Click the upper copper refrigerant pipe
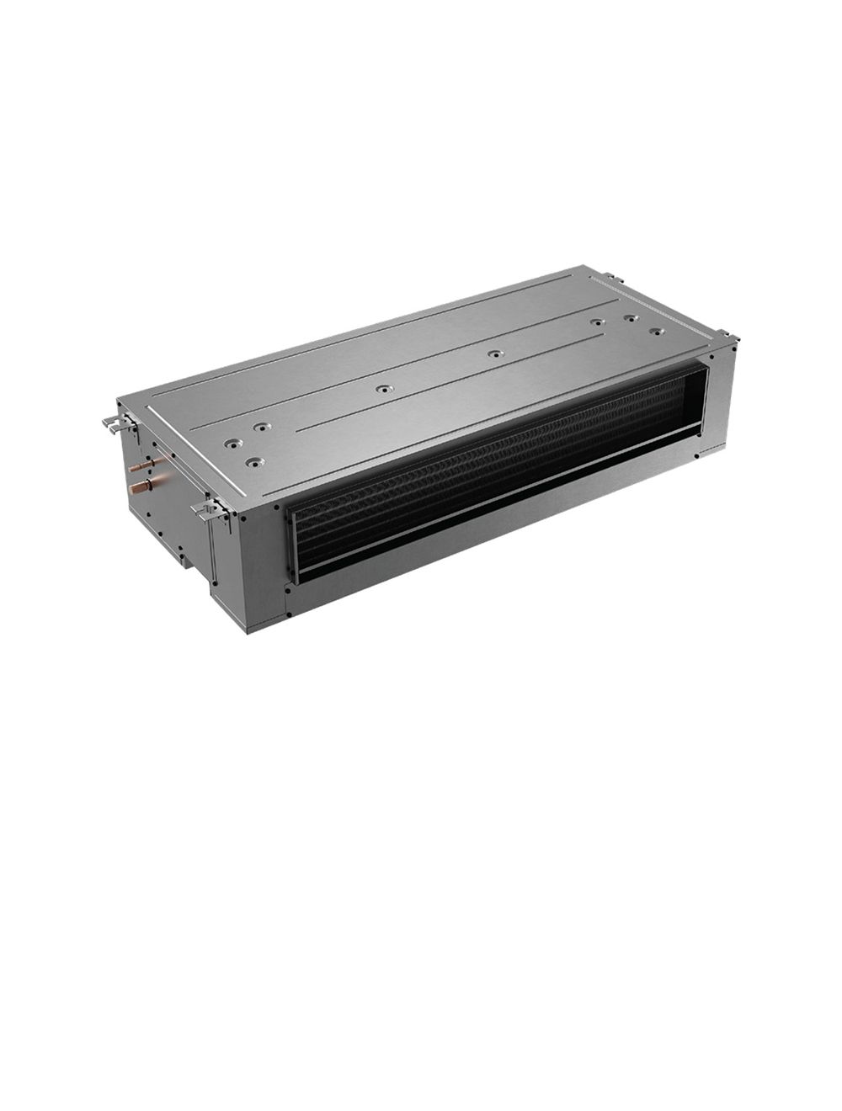[x=149, y=463]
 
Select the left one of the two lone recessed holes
[x=383, y=389]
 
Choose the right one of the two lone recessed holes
[x=495, y=353]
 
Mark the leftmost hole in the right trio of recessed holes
[x=596, y=322]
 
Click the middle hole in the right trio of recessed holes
[x=629, y=318]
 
